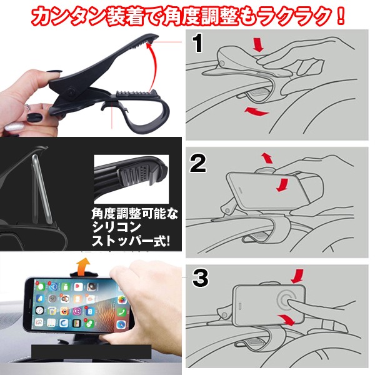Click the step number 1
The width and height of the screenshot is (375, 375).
197,43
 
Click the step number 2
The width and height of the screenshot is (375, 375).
198,163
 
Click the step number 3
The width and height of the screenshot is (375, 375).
201,278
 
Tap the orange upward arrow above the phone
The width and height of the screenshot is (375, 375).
84,266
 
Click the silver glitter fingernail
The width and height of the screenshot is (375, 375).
14,126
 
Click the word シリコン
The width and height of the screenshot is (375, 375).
117,227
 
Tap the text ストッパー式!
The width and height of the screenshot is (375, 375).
131,241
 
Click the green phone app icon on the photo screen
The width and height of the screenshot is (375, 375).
121,312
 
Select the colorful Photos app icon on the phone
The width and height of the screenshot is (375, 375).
122,299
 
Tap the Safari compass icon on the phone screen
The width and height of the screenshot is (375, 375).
121,324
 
